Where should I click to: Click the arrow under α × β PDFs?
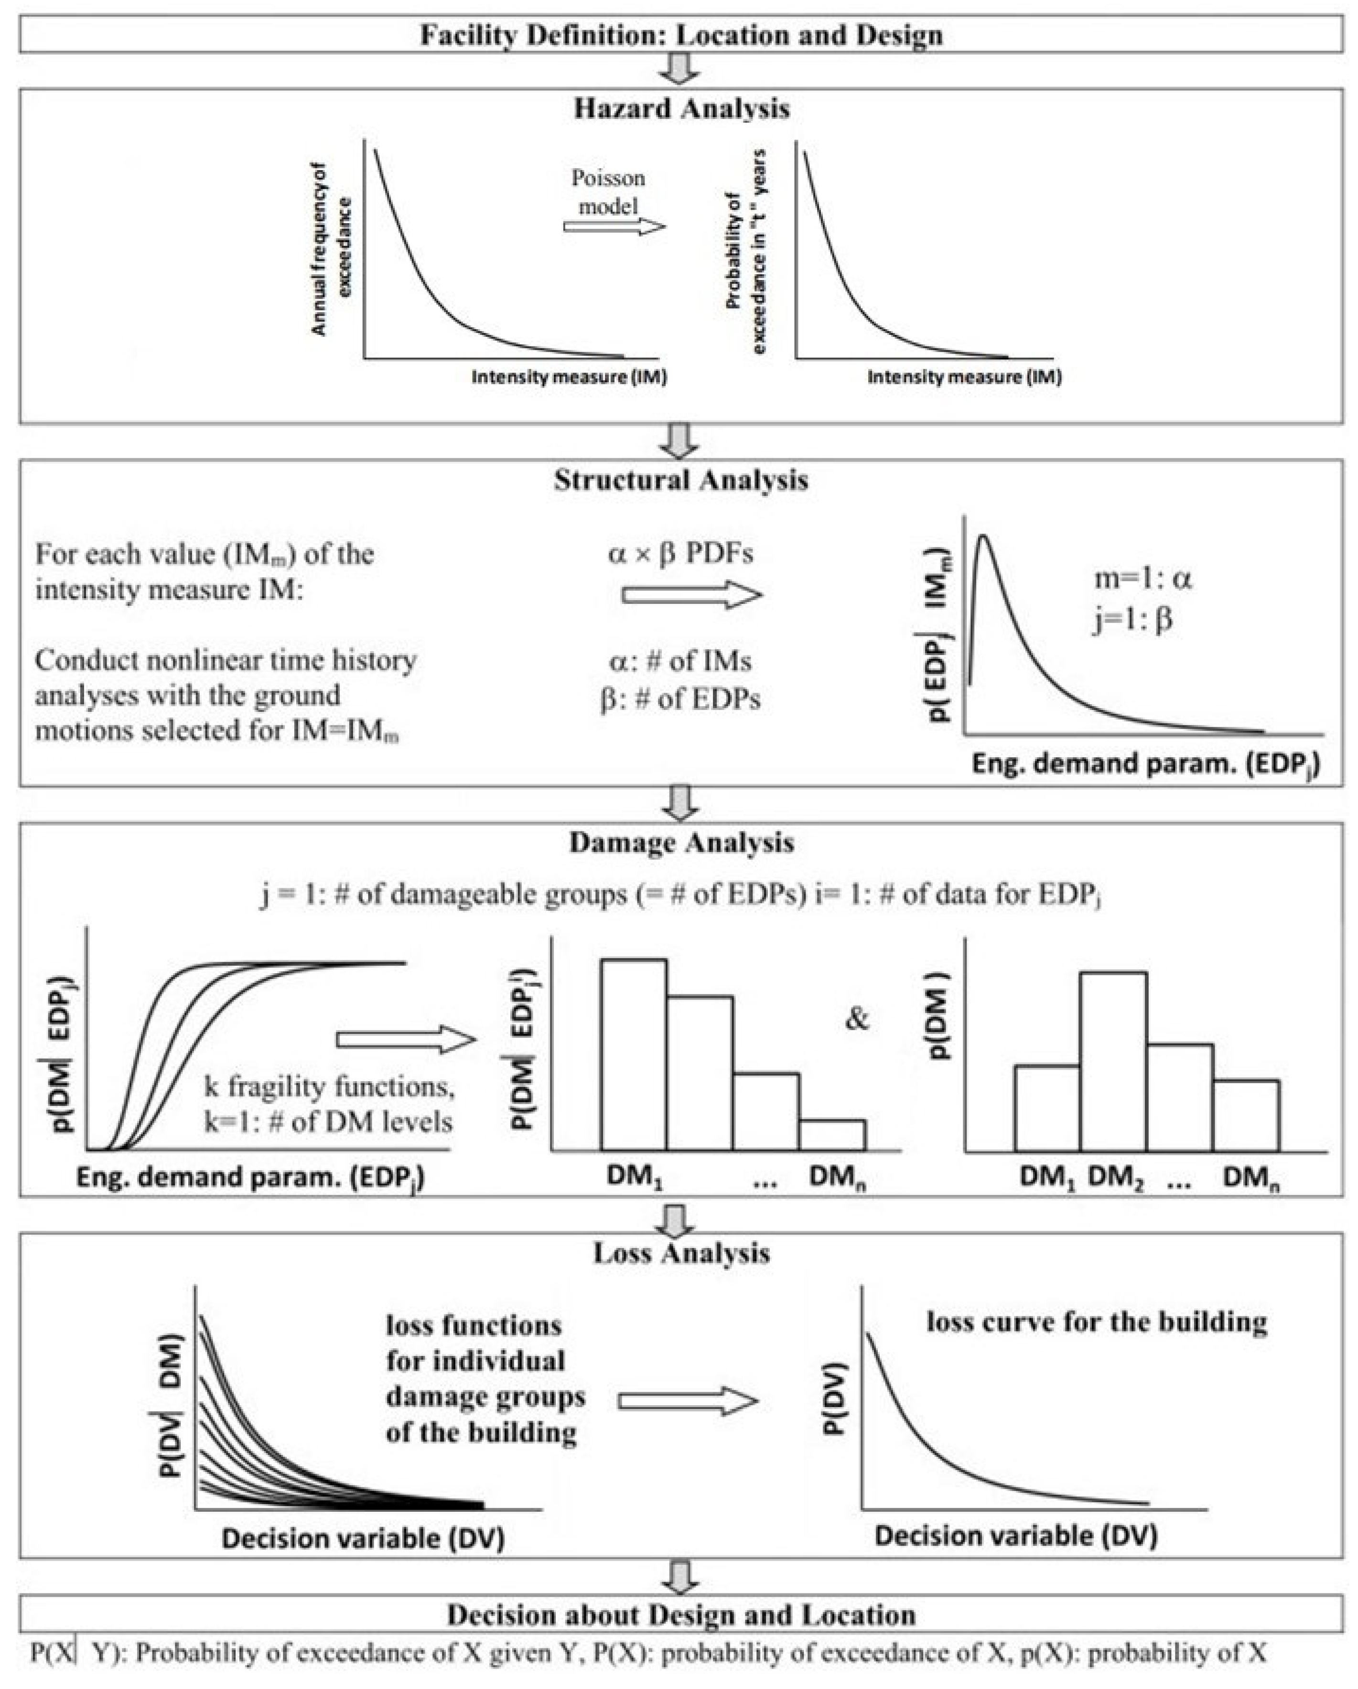coord(691,595)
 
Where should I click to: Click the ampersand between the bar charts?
coord(858,1019)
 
